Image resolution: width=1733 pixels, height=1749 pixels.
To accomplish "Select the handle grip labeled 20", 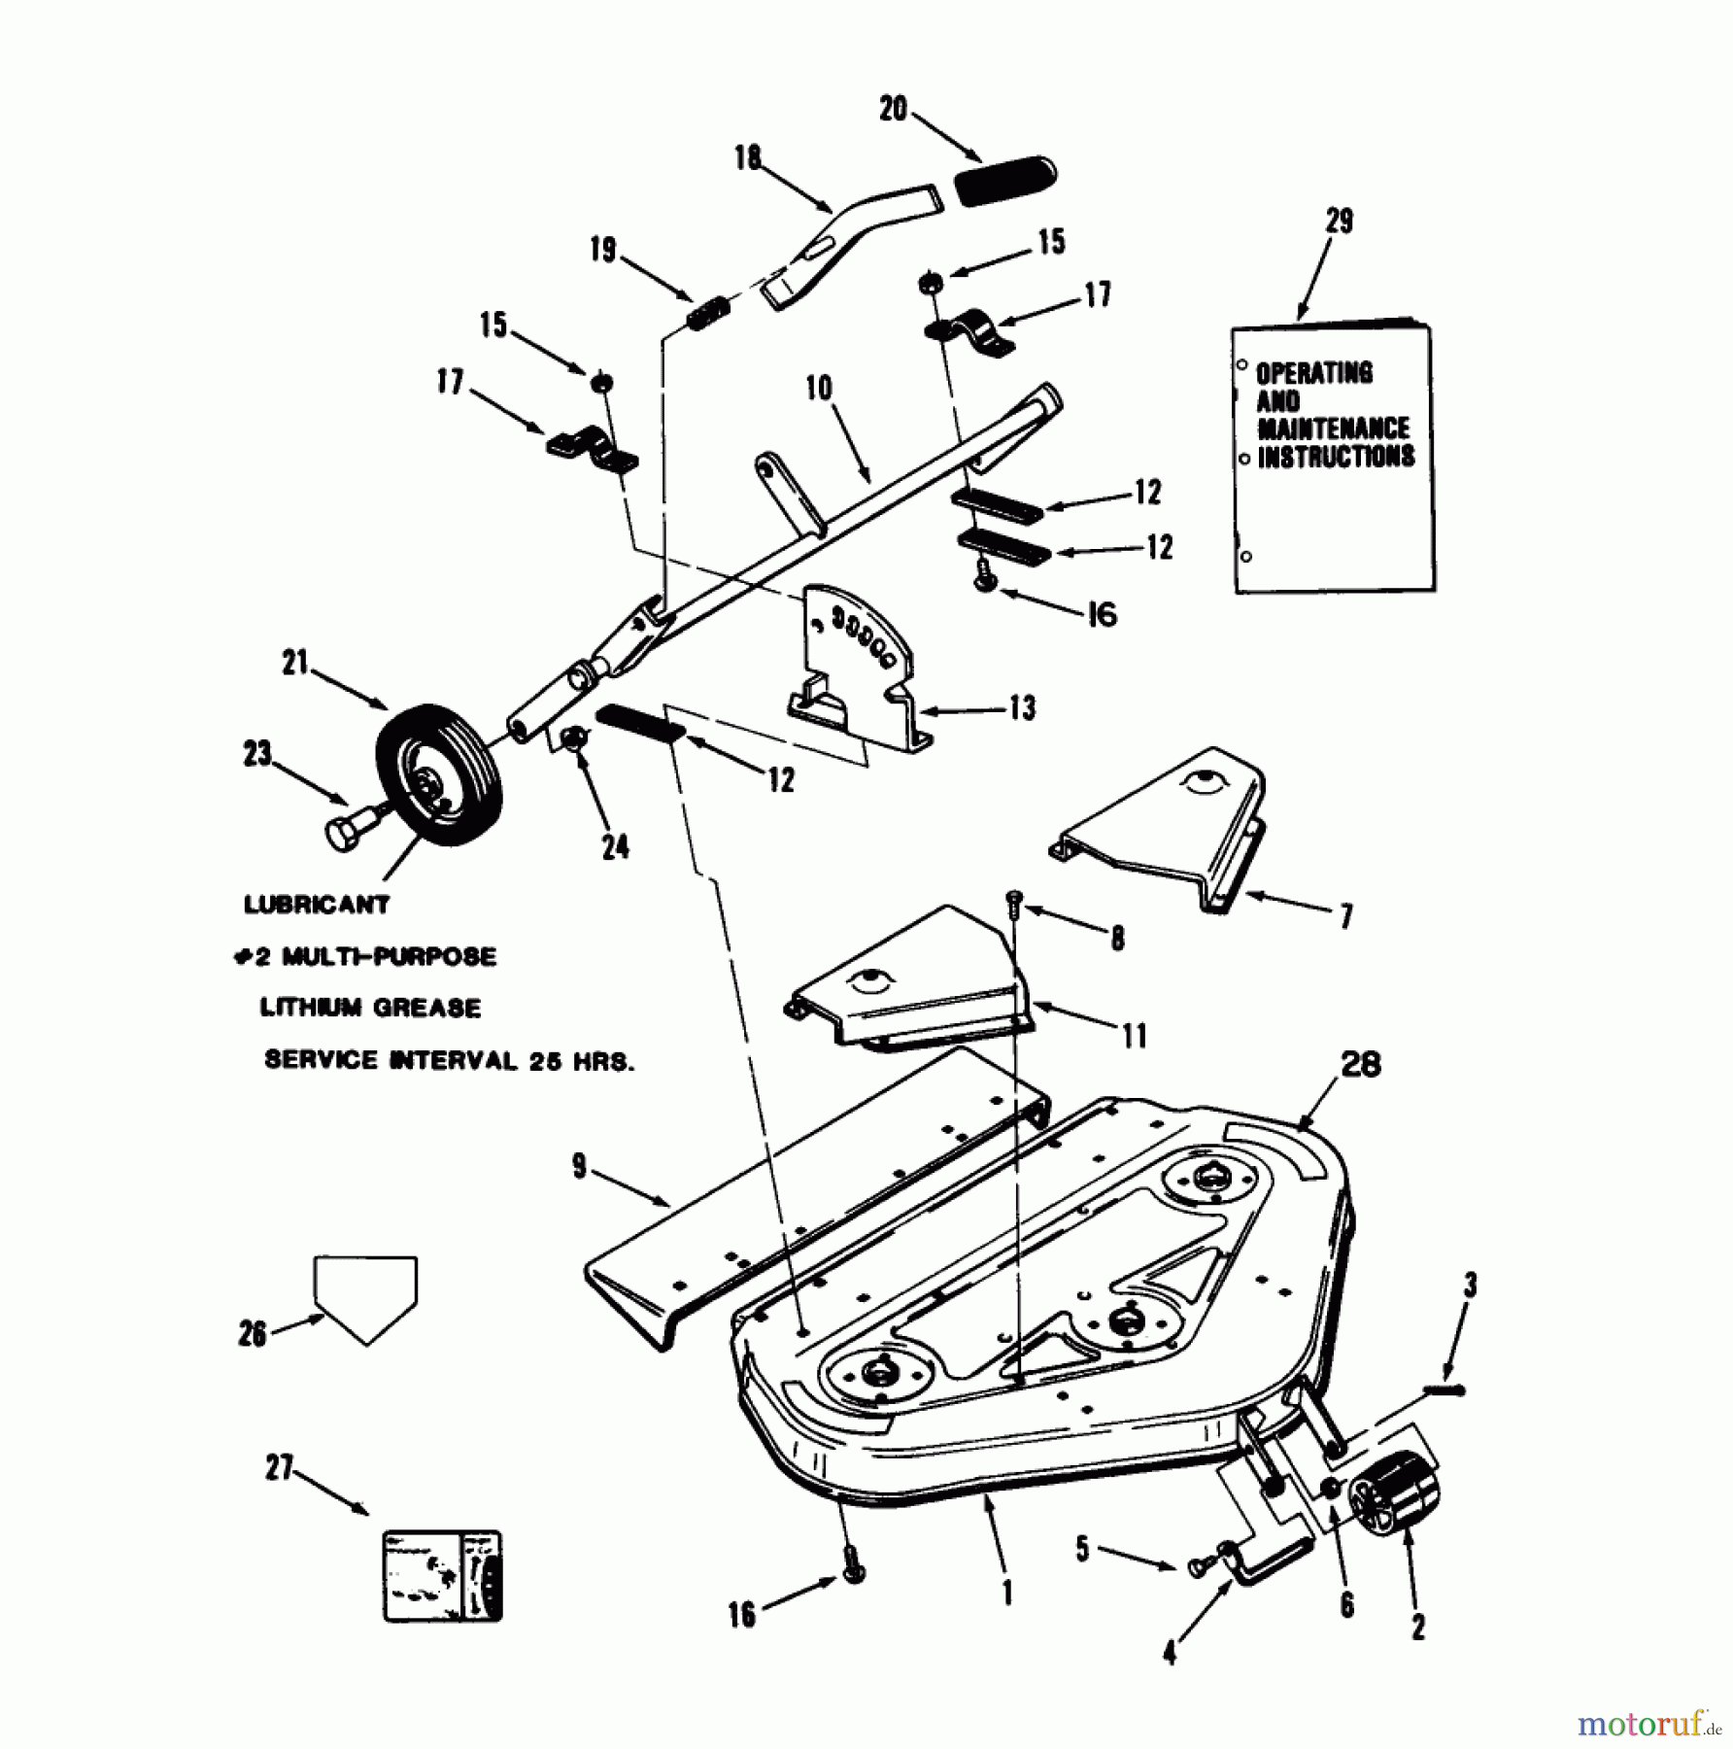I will point(1006,180).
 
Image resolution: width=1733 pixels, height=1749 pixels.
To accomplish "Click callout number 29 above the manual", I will point(1339,222).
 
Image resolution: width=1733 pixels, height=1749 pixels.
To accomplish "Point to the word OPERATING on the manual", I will point(1314,373).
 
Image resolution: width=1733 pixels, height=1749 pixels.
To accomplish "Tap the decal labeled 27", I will point(443,1576).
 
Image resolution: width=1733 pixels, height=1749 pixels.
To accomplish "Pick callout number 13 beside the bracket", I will point(1022,707).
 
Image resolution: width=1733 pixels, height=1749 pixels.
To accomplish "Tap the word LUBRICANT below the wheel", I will point(317,905).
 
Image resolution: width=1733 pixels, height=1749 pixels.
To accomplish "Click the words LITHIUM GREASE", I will point(370,1008).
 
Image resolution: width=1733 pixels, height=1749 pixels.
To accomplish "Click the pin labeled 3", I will point(1445,1390).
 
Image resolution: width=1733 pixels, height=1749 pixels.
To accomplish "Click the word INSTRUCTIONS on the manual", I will point(1336,457).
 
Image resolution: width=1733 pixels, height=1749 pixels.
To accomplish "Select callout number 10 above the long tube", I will point(818,388).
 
